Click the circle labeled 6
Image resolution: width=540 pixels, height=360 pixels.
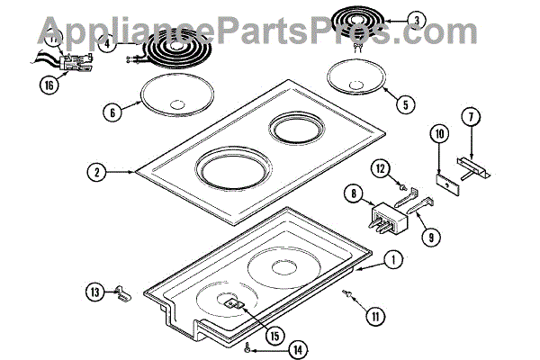point(111,113)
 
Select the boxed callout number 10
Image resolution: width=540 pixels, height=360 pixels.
point(437,135)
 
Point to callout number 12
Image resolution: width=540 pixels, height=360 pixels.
point(380,168)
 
